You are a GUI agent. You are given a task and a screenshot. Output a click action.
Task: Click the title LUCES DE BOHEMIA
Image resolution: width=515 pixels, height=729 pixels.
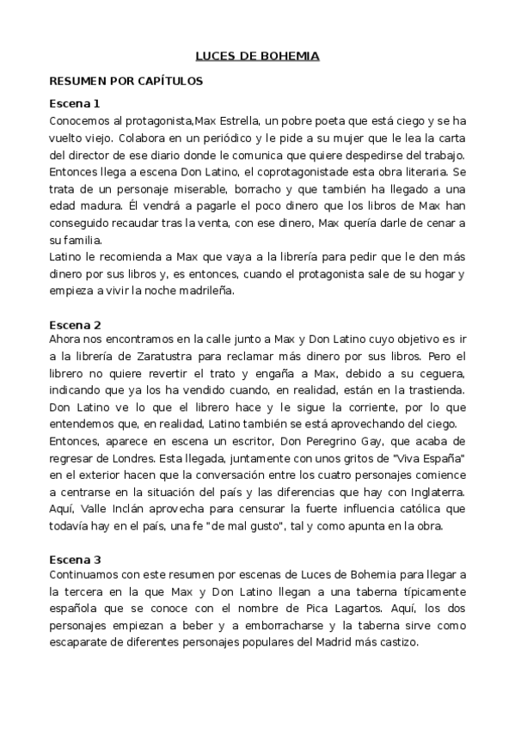258,57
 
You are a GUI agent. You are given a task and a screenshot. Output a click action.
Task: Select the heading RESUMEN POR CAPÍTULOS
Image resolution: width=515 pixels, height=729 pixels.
126,80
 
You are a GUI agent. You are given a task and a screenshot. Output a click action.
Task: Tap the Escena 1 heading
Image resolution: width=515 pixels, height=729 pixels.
76,104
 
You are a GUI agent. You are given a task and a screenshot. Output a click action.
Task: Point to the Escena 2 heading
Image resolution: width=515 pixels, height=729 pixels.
76,325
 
